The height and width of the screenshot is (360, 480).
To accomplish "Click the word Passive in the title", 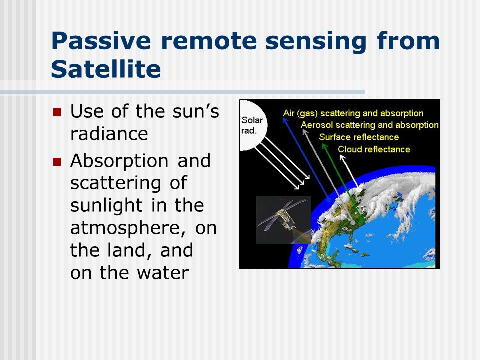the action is (x=101, y=41).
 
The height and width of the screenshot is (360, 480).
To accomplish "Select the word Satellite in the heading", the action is (x=106, y=69).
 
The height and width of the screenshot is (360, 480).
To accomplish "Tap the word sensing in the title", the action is (x=316, y=41).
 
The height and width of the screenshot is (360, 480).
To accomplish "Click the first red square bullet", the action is (x=57, y=112).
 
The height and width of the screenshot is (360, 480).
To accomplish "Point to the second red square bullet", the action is (x=57, y=161).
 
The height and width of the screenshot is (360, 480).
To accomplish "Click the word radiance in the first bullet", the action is (x=109, y=134).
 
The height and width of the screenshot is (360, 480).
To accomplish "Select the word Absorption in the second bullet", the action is (x=119, y=161).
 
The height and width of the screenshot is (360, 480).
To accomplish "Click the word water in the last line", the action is (x=163, y=273).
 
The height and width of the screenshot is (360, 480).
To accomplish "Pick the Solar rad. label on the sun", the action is (x=252, y=125).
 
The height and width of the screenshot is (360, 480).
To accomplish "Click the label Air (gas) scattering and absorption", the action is (x=353, y=113).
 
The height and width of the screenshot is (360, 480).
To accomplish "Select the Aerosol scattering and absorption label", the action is (x=370, y=125).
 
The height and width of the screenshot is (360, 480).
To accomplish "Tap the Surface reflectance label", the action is (x=359, y=137).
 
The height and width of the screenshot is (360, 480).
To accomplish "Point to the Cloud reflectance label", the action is (x=374, y=149).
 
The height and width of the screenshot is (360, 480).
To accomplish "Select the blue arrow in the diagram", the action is (x=306, y=159).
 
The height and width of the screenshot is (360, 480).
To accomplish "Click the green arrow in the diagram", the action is (x=342, y=183).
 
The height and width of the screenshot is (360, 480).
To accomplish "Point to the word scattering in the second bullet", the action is (x=115, y=183).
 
